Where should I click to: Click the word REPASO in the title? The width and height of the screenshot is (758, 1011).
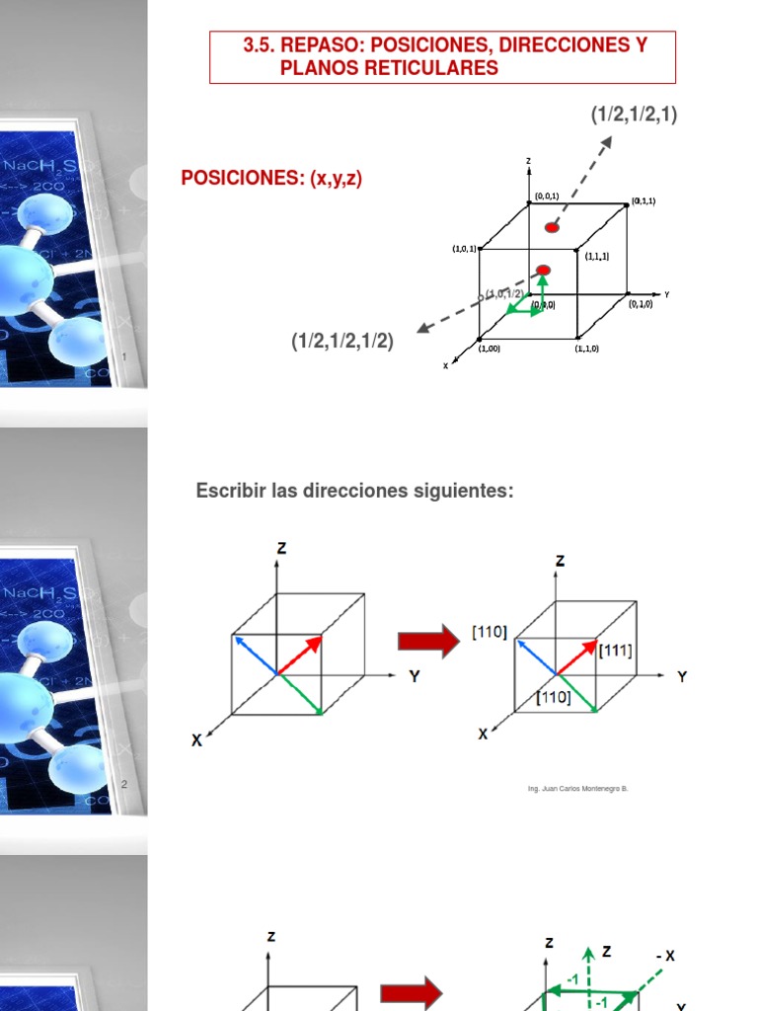pyautogui.click(x=324, y=46)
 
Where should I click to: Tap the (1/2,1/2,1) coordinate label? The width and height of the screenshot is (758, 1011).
pyautogui.click(x=634, y=116)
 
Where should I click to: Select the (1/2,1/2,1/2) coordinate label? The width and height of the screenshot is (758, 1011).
pyautogui.click(x=341, y=342)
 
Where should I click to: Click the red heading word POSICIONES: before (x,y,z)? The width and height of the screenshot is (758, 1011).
pyautogui.click(x=243, y=178)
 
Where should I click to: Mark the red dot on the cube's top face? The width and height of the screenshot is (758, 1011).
pyautogui.click(x=552, y=228)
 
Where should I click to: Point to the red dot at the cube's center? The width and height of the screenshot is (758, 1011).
pyautogui.click(x=543, y=270)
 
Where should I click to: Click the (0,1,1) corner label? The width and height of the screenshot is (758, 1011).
pyautogui.click(x=644, y=200)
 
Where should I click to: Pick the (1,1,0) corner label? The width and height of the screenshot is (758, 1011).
pyautogui.click(x=587, y=349)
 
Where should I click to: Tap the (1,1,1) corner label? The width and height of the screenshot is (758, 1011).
pyautogui.click(x=596, y=256)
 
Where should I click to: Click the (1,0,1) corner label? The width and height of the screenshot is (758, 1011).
pyautogui.click(x=464, y=249)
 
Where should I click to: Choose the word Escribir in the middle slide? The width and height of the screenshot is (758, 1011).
pyautogui.click(x=230, y=491)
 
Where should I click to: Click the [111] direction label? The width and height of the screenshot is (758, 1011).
pyautogui.click(x=615, y=651)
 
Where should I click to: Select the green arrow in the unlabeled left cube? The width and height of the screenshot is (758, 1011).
pyautogui.click(x=299, y=693)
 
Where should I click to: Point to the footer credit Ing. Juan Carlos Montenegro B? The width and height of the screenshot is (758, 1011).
pyautogui.click(x=578, y=789)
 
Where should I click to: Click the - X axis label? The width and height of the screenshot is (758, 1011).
pyautogui.click(x=664, y=956)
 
